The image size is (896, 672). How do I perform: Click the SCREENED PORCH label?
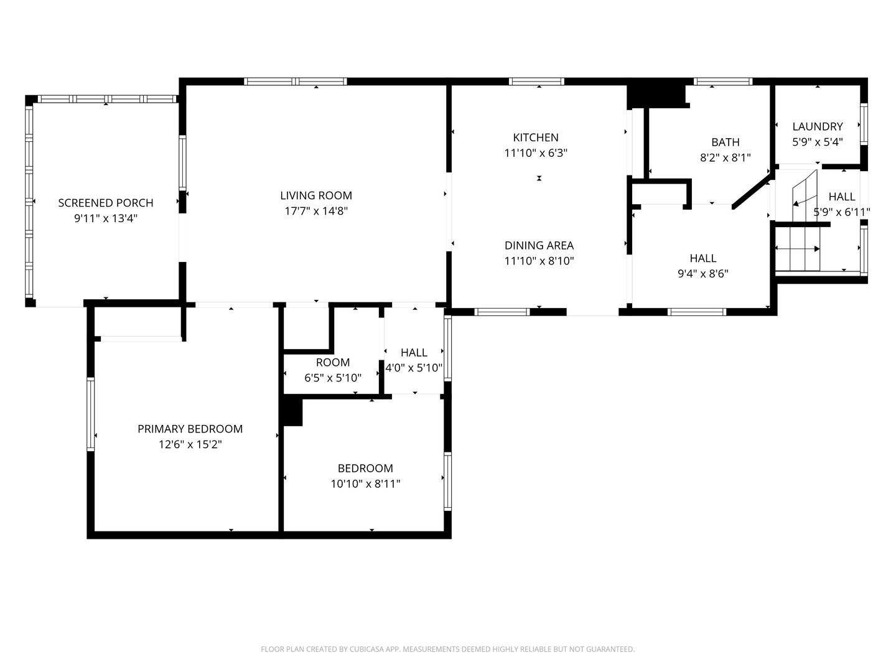pos(106,203)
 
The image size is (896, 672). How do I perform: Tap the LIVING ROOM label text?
pos(316,195)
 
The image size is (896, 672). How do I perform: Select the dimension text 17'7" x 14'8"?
pos(316,211)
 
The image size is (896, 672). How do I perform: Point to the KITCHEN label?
pos(536,138)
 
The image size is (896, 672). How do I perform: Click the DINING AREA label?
pos(539,245)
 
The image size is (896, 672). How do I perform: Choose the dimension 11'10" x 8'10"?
pos(539,261)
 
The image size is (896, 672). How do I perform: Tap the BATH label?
pos(725,142)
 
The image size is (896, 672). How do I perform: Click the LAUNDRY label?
pos(817,126)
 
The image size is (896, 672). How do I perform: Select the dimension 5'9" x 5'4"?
pos(817,142)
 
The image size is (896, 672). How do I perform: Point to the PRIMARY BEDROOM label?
pos(190,429)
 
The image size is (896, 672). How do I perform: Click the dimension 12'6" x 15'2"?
pos(190,444)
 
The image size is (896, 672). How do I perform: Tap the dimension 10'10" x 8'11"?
pos(365,484)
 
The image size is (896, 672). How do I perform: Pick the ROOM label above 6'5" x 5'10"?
pos(333,362)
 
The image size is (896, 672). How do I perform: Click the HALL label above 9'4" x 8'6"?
pos(702,258)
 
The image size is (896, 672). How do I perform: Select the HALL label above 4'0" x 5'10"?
pos(414,353)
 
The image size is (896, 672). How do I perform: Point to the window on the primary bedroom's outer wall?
pos(91,414)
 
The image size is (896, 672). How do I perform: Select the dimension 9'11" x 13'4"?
pos(106,218)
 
